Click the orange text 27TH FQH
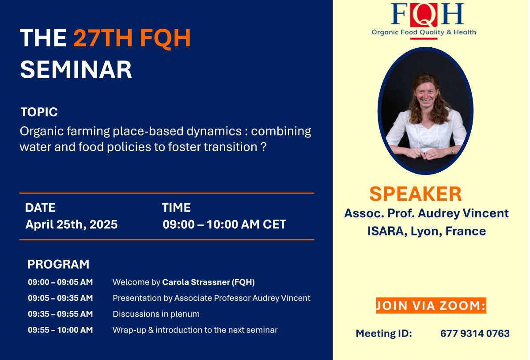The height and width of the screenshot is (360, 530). pos(132,38)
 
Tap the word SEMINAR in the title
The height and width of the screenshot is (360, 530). pos(76,70)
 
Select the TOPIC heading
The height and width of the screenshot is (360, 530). pos(39,112)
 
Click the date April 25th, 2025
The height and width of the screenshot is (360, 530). pos(72,224)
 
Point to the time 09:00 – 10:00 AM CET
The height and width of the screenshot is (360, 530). pos(224,224)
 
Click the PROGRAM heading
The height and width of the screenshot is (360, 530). pos(58,264)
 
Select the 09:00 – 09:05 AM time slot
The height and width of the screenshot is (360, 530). pos(61,282)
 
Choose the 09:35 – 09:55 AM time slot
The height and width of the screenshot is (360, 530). pos(61,314)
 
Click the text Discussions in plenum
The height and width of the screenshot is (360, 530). pos(156,314)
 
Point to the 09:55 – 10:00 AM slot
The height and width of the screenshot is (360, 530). pos(61,330)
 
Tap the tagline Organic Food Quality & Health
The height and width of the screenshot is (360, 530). pos(424,32)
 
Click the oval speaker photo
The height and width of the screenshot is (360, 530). pos(425,110)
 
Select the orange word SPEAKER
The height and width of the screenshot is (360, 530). pos(415,194)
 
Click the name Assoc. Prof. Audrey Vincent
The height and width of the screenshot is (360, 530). pos(426,213)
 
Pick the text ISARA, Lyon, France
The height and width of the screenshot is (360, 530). pos(426,231)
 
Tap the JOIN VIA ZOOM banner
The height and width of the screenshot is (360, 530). pos(431,306)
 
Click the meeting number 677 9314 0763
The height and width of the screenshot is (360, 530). pos(475,333)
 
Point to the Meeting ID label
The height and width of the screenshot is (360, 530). pos(383,333)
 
